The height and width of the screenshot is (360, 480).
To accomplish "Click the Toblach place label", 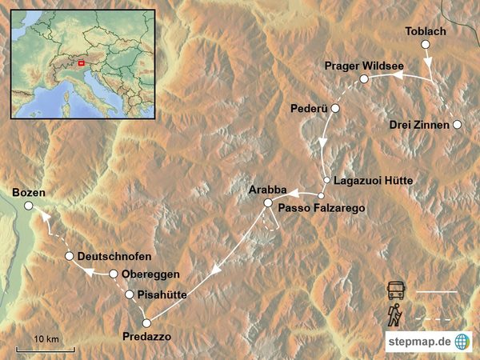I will point(426,30).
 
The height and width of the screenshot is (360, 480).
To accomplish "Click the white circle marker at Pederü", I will point(336,108).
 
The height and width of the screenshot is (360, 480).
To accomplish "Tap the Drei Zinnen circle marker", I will point(457,125).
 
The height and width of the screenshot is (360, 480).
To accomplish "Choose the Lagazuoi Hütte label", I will point(374,181).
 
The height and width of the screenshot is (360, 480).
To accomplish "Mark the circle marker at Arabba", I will point(269,204).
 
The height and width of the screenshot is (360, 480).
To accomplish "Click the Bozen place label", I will point(30,193).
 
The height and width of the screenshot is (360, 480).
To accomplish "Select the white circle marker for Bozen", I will point(29,206).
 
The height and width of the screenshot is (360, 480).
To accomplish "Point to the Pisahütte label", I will point(162,294).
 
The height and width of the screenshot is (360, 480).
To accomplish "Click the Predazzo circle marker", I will point(146,322).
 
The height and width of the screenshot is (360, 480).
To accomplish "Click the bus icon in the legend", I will point(396,291).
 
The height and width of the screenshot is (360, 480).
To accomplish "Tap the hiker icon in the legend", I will point(394,316).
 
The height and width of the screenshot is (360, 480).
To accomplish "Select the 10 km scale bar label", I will point(47,340).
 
